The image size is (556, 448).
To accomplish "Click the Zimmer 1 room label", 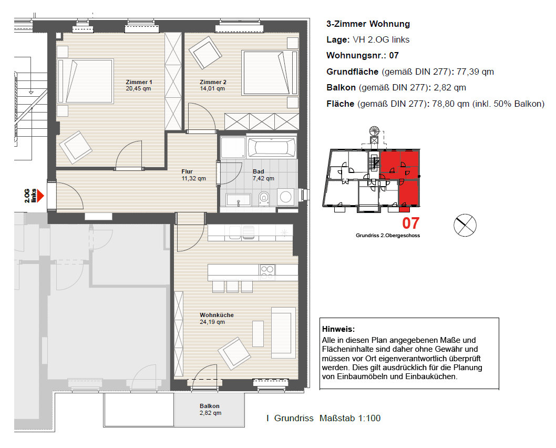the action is tap(139, 82).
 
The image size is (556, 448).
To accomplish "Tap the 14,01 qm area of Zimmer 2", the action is tap(212, 89).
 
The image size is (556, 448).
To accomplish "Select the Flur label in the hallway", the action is tap(187, 171).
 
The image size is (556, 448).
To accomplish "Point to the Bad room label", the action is tap(258, 171).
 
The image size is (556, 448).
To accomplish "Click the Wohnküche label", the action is tap(217, 315).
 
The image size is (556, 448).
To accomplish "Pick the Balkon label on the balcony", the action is tap(209, 406).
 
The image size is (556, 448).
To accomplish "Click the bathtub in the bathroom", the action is tap(272, 147).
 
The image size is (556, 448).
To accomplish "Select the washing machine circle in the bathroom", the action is tap(286, 197).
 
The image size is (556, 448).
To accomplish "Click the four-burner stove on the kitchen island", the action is tap(267, 271).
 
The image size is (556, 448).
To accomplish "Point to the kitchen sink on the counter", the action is tap(242, 232).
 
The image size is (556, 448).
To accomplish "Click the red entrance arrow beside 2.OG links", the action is tap(40, 196).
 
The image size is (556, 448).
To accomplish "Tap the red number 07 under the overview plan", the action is tap(410, 223).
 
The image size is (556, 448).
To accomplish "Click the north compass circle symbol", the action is tap(465, 225).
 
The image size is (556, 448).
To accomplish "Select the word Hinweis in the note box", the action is tap(338, 329).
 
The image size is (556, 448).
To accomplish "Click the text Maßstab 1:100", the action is tap(349, 418).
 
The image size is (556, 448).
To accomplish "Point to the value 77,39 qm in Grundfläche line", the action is tap(475, 72).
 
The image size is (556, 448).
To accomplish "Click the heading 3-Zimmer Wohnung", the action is tap(368, 24).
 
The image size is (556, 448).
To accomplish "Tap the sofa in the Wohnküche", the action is tap(283, 333).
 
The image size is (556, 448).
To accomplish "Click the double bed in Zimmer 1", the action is tap(86, 81).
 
